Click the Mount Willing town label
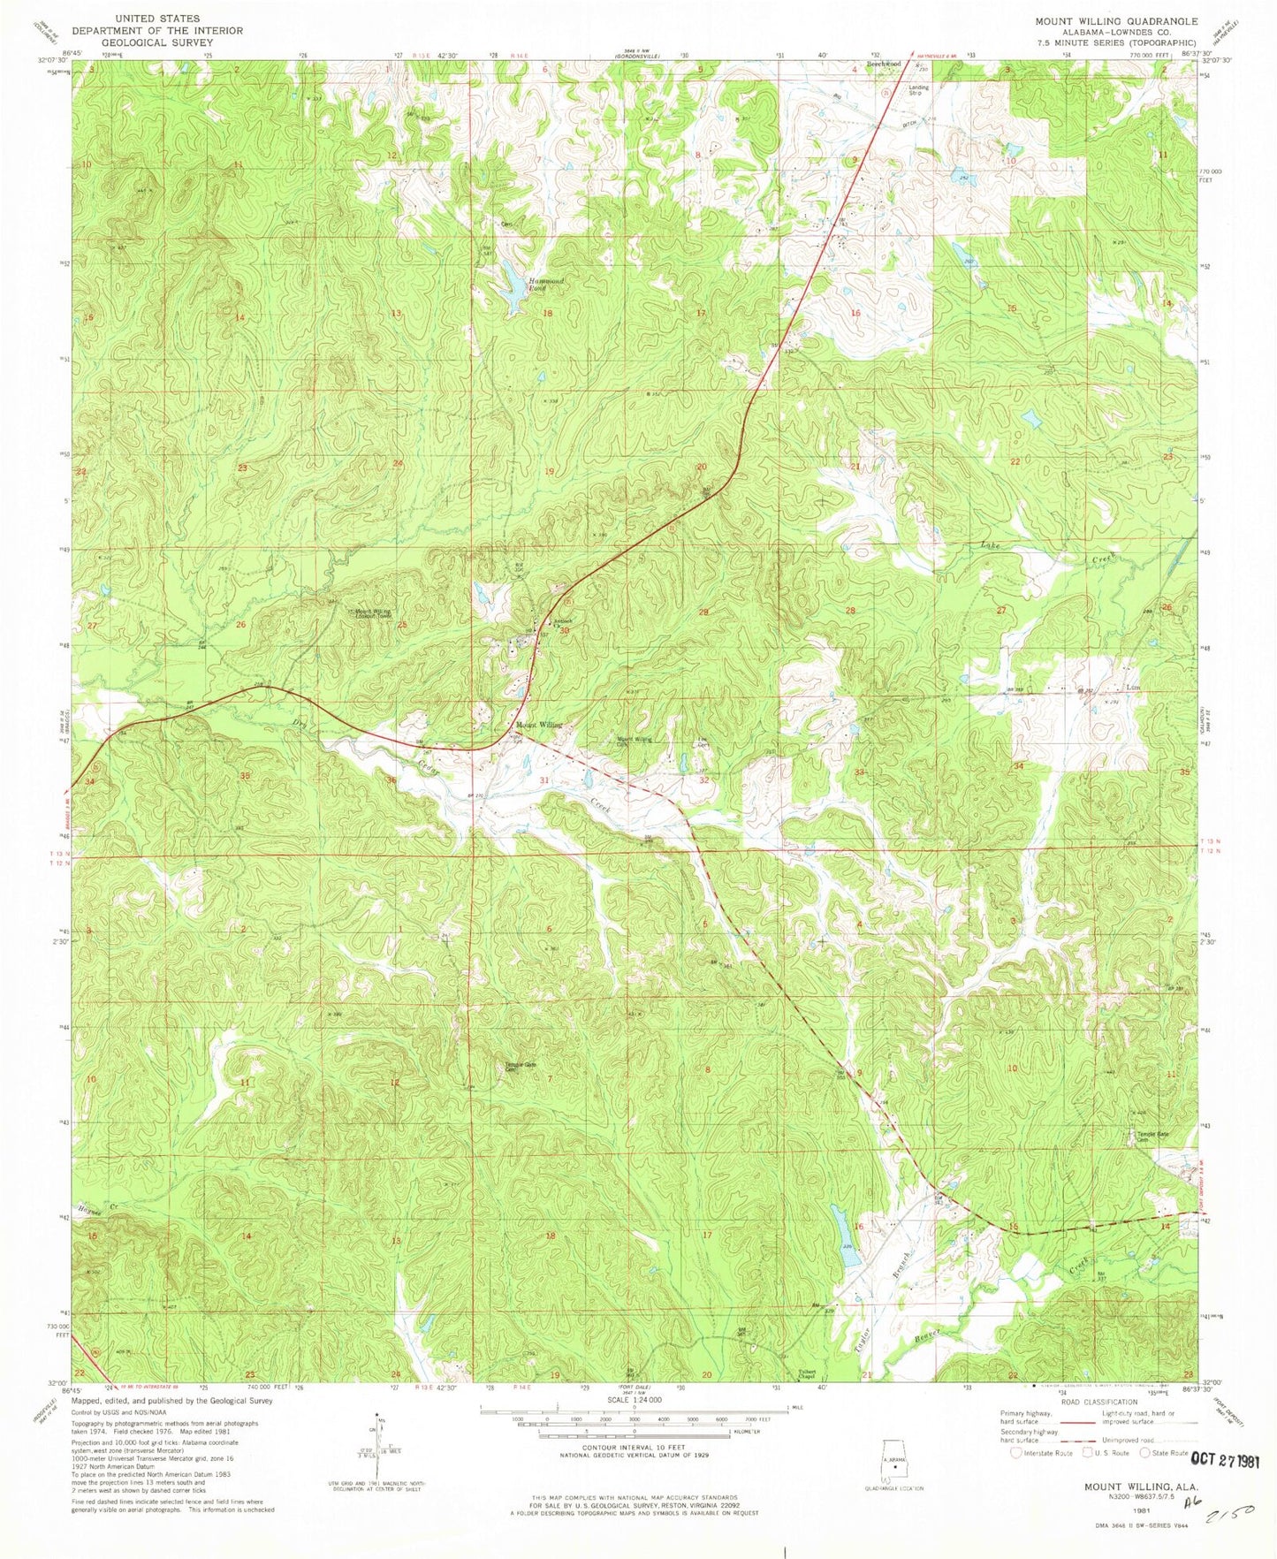click(538, 725)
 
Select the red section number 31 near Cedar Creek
click(544, 779)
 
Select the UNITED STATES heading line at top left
click(158, 18)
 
